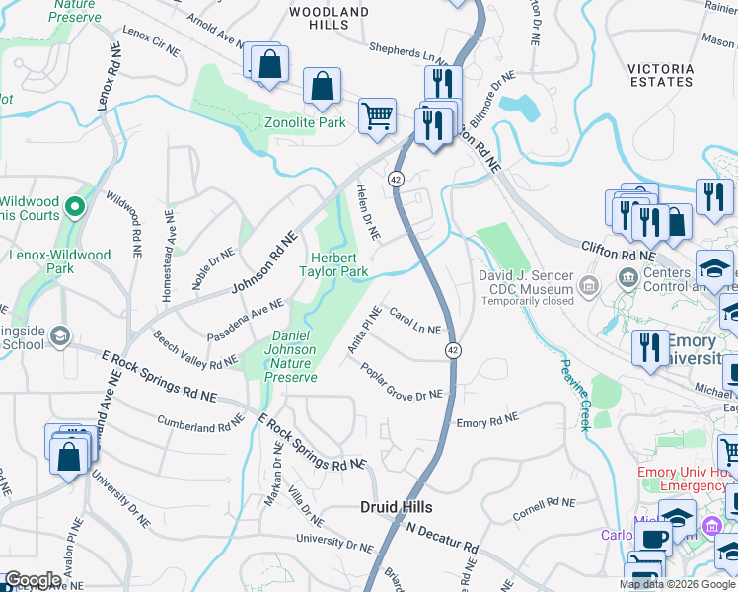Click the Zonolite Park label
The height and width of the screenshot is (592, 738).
point(305,122)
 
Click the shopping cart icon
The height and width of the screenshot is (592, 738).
point(378,116)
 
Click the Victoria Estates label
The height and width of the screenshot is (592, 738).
point(660,75)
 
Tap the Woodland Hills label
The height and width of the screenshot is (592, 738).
point(329,19)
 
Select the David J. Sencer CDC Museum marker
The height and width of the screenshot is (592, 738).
point(589,288)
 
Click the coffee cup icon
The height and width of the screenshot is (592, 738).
point(654,539)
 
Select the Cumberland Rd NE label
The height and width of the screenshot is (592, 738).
point(201,423)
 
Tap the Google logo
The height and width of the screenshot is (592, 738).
point(34,580)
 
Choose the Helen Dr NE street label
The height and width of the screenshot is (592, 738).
point(368,210)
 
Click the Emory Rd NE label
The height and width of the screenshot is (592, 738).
point(486,421)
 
